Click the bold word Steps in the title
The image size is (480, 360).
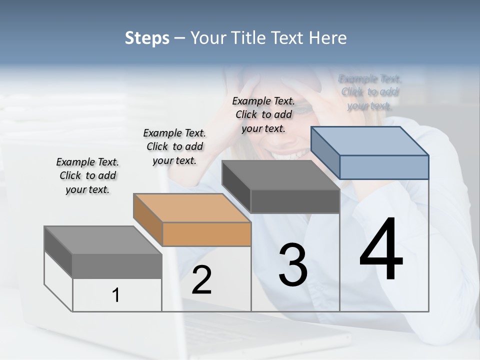[x=147, y=38]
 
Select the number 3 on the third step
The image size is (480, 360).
[x=292, y=264]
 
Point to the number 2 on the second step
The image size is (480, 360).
[x=201, y=280]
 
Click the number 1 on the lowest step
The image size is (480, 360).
[x=116, y=295]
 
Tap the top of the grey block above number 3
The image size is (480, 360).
[x=280, y=175]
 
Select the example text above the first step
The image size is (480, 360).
[x=87, y=175]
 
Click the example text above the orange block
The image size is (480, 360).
[x=174, y=146]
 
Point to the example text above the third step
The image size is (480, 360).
[x=263, y=114]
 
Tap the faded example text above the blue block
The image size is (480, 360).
[x=370, y=92]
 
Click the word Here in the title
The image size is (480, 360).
[x=328, y=38]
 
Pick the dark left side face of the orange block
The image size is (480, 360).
[x=148, y=220]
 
